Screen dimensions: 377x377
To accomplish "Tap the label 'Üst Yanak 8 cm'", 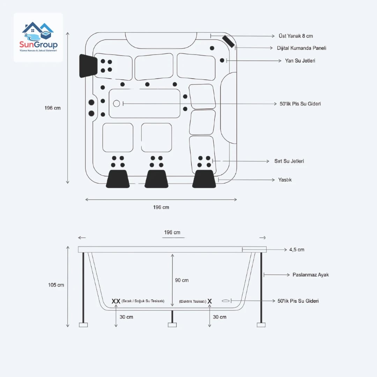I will tap(296, 36).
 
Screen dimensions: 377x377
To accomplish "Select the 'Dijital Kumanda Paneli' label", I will tap(302, 48).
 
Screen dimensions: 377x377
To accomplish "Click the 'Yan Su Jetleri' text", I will tap(300, 61).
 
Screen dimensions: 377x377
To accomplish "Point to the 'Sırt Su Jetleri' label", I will tap(289, 161).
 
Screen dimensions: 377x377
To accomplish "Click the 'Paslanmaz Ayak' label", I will tap(310, 275).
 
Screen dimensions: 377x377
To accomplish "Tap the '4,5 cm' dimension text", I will tap(297, 250).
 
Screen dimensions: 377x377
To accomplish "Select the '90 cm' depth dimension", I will tap(182, 280).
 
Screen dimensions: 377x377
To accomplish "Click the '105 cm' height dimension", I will tap(56, 285).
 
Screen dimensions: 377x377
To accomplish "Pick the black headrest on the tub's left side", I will tap(88, 66).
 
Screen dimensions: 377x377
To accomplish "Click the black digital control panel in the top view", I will tap(229, 41).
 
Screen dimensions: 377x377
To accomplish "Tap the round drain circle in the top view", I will tap(117, 103).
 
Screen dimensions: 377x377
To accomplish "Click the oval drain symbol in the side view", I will tap(226, 301).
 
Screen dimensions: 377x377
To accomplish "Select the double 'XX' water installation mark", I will tap(116, 301).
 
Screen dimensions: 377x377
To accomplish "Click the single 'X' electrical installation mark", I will tap(210, 301).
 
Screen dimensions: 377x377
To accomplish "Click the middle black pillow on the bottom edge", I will tap(156, 179).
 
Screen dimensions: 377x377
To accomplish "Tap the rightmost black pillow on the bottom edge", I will tap(204, 179).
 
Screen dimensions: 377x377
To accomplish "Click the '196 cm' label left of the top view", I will tap(52, 108).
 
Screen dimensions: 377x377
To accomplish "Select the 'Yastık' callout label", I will tap(285, 180).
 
